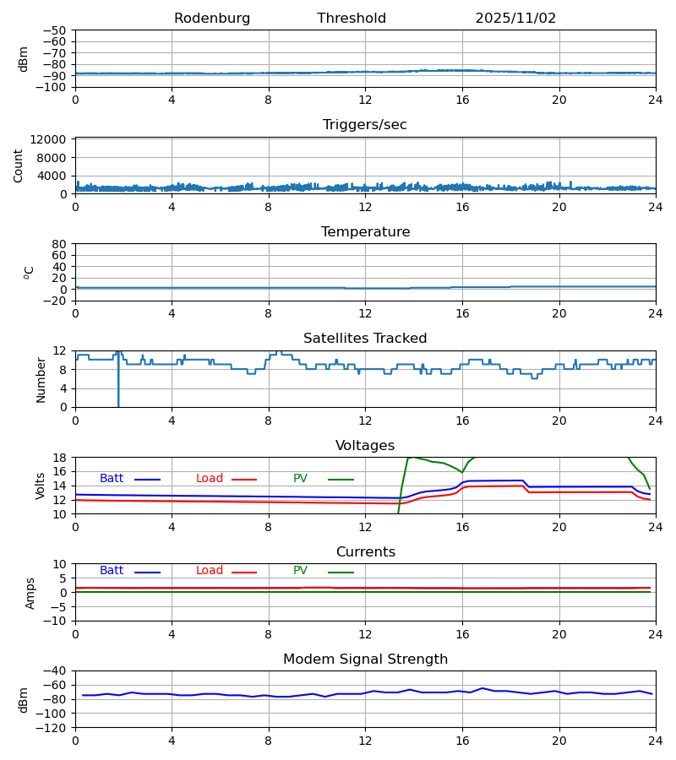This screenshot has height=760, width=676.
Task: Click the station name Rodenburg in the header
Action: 212,19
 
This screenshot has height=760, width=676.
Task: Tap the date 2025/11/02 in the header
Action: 515,19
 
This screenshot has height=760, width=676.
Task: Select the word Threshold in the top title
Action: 352,19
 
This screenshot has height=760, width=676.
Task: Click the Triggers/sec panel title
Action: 365,125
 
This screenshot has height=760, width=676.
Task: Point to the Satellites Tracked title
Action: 365,339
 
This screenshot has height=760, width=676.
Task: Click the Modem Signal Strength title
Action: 365,660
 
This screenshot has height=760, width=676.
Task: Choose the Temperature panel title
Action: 365,232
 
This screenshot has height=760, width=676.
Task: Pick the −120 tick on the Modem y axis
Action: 55,727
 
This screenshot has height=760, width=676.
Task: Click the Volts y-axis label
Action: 41,486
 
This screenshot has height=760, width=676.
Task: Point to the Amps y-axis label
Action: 30,593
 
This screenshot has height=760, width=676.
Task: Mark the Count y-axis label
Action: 19,166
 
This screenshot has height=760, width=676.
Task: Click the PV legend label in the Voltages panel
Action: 300,479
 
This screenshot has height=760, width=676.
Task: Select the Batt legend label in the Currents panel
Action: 112,571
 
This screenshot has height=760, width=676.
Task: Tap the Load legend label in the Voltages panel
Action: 210,479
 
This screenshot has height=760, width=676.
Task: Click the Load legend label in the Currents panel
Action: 210,571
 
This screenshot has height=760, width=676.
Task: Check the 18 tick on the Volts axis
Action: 61,458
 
